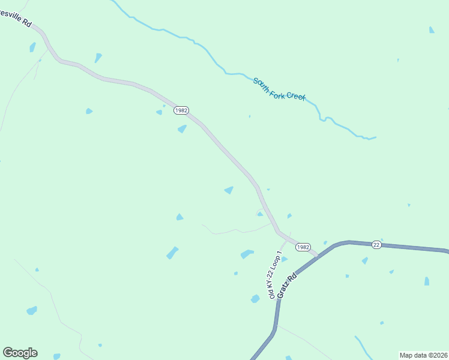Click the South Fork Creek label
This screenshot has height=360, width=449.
pos(279,89)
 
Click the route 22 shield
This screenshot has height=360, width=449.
pos(376,244)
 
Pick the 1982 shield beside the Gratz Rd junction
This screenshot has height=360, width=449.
pos(303,247)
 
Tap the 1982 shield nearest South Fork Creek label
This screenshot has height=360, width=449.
pos(181,110)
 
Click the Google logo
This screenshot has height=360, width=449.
pos(20,353)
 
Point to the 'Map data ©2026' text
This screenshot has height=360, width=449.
pos(423,355)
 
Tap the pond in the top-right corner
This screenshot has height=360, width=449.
pos(432,29)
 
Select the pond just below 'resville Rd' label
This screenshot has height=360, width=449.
pos(32,47)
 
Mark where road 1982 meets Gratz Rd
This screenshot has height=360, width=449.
pos(317,256)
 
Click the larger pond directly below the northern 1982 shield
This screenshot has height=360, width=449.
pos(182,129)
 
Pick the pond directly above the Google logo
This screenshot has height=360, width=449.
pos(31,310)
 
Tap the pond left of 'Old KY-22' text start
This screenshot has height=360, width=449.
pos(255,298)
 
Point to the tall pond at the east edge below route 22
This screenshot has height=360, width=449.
pos(427,281)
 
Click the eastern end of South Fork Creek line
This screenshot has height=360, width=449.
pos(375,137)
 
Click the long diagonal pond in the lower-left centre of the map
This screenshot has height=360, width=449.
pos(172,253)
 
